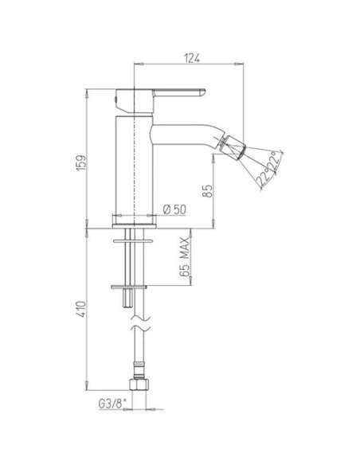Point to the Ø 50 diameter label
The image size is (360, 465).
[174, 209]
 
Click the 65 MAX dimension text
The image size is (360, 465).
[184, 257]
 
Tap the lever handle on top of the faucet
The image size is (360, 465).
[171, 91]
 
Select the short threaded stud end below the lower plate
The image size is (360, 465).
[127, 299]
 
